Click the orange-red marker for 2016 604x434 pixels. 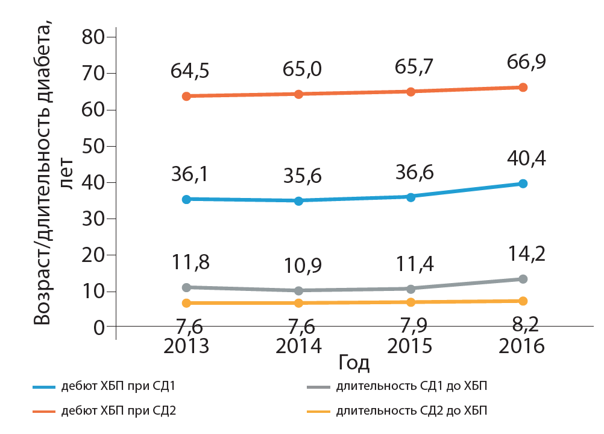coord(523,88)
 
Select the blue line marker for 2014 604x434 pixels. coord(298,200)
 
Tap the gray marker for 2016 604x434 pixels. coord(523,279)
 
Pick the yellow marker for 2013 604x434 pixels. coord(186,303)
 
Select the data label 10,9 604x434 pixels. coord(298,267)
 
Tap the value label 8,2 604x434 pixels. coord(522,330)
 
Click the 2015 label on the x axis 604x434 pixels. coord(410,346)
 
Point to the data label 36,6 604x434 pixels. coord(410,173)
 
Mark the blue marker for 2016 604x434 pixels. coord(523,183)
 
